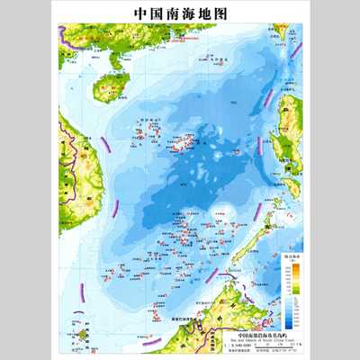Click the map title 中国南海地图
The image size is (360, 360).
coord(180,14)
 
